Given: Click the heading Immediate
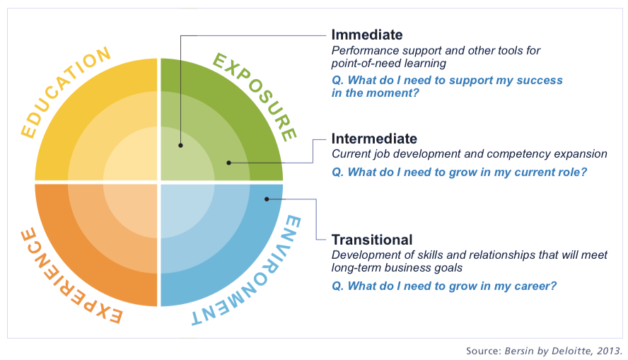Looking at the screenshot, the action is pyautogui.click(x=367, y=35).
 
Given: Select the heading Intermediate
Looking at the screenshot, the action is pyautogui.click(x=374, y=139).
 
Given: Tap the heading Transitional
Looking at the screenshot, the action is pyautogui.click(x=372, y=240).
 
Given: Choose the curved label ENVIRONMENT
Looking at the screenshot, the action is pyautogui.click(x=256, y=277).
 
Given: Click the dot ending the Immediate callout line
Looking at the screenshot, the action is pyautogui.click(x=180, y=146).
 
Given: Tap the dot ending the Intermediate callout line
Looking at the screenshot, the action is pyautogui.click(x=228, y=163).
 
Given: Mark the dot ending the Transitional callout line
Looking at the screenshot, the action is pyautogui.click(x=267, y=199).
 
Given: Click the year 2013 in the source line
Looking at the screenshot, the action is pyautogui.click(x=609, y=352).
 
